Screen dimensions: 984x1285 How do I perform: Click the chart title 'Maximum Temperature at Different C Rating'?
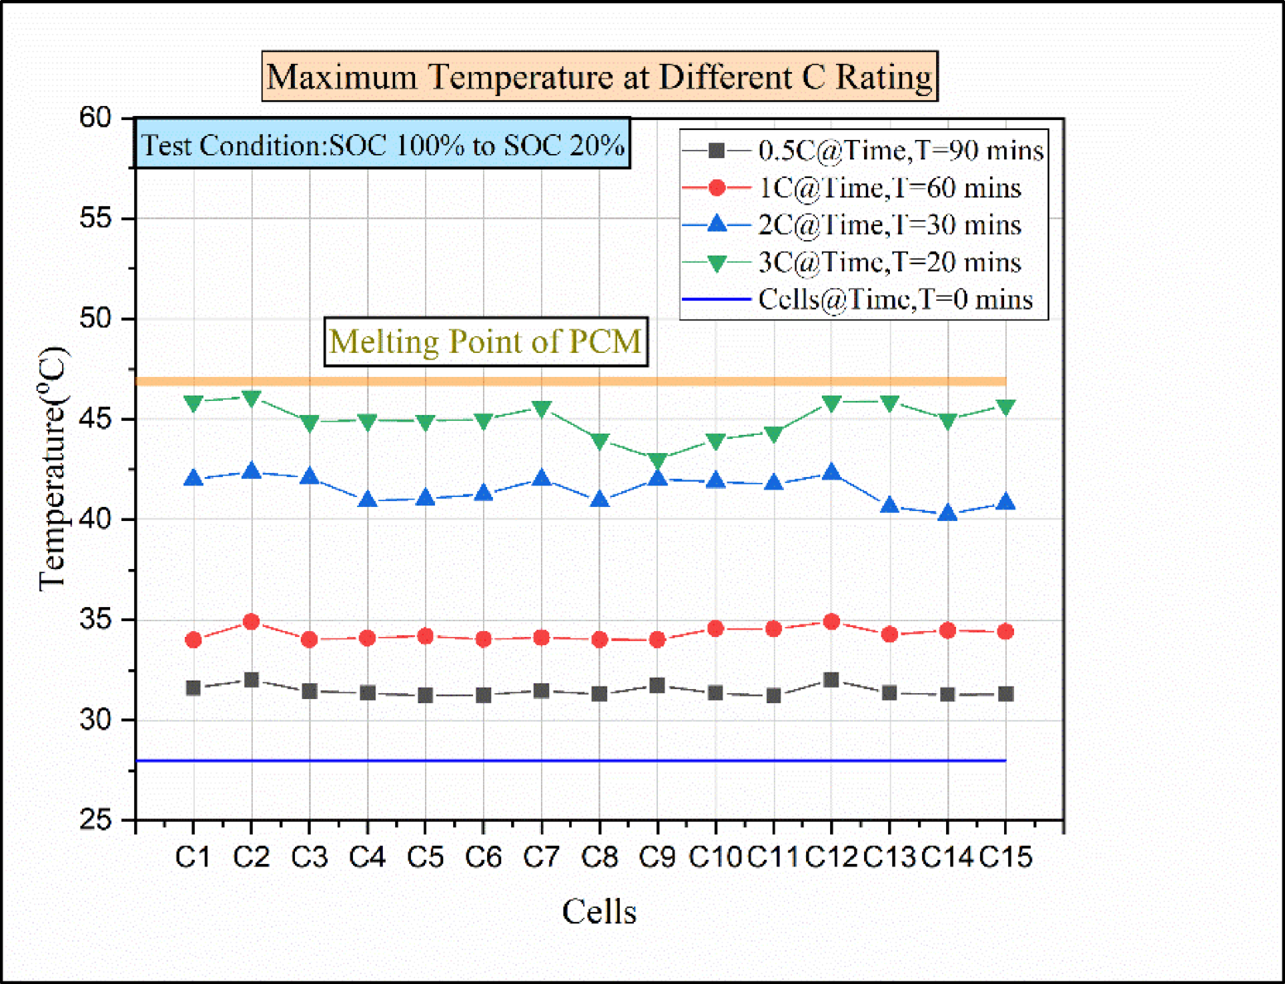[x=599, y=76]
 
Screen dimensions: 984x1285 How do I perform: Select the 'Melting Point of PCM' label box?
[x=485, y=341]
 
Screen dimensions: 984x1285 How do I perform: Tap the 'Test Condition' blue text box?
[x=382, y=145]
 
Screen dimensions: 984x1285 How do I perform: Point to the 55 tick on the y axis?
[x=95, y=219]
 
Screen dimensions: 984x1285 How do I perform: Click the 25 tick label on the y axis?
[x=95, y=820]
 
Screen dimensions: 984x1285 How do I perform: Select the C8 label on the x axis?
[x=599, y=856]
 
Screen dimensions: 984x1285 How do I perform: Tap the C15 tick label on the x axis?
[x=1005, y=856]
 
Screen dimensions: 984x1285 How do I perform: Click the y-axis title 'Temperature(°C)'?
[x=51, y=469]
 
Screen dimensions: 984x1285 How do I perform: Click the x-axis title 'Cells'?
[x=599, y=912]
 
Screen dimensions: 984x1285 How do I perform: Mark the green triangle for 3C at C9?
[x=657, y=461]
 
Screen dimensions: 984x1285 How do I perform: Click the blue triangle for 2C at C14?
[x=947, y=513]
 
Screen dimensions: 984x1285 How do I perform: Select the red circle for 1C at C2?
[x=251, y=621]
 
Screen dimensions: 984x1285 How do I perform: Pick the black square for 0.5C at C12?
[x=831, y=680]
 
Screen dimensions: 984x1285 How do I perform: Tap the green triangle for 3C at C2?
[x=251, y=398]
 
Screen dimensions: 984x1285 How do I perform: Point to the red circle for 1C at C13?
[x=889, y=634]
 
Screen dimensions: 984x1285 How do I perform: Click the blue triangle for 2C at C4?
[x=367, y=499]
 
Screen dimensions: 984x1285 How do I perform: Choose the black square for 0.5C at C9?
[x=657, y=685]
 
